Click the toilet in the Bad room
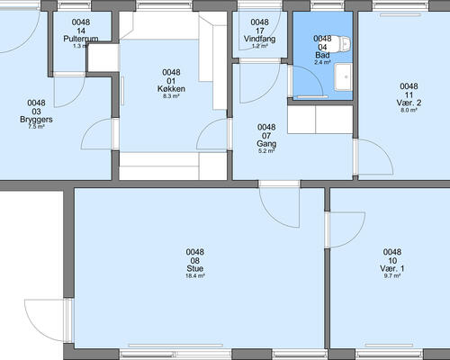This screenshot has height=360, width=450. click(341, 43)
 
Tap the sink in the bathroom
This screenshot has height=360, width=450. click(343, 77)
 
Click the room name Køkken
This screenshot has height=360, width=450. click(171, 89)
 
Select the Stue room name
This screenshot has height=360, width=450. click(195, 268)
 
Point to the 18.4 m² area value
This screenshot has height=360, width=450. click(195, 276)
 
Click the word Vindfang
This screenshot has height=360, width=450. click(259, 39)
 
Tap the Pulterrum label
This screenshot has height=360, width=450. click(81, 39)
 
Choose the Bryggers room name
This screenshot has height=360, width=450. click(36, 120)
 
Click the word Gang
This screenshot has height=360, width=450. click(266, 144)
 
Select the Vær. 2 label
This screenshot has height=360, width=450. click(409, 103)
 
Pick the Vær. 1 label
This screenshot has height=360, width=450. click(392, 268)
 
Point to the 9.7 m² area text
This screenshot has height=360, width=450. click(392, 276)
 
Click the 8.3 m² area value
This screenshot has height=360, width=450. click(171, 96)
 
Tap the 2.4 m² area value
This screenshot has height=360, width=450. click(322, 62)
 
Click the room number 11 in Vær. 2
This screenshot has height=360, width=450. click(409, 95)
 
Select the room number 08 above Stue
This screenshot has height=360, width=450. click(195, 260)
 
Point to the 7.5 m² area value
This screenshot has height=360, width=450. click(36, 127)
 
